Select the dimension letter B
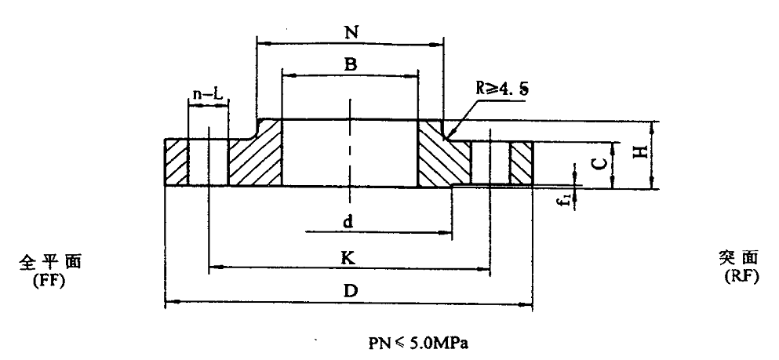click(x=351, y=66)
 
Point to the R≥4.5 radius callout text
click(x=501, y=88)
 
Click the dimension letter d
click(x=347, y=222)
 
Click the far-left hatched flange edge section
click(x=176, y=163)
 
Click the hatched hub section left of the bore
click(x=255, y=157)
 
